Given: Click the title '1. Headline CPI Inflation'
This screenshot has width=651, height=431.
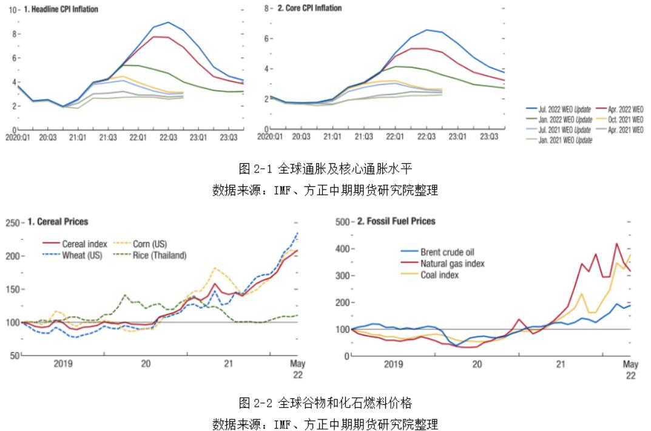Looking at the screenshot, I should coord(61,10).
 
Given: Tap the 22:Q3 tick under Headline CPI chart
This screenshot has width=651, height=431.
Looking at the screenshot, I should coord(167,138).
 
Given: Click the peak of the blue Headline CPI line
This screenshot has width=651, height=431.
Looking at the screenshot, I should coord(168,22).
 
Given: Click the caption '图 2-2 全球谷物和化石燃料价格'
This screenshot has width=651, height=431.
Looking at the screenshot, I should coord(325,402).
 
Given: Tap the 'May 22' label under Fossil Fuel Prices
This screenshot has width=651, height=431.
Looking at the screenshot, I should coord(630,369).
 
